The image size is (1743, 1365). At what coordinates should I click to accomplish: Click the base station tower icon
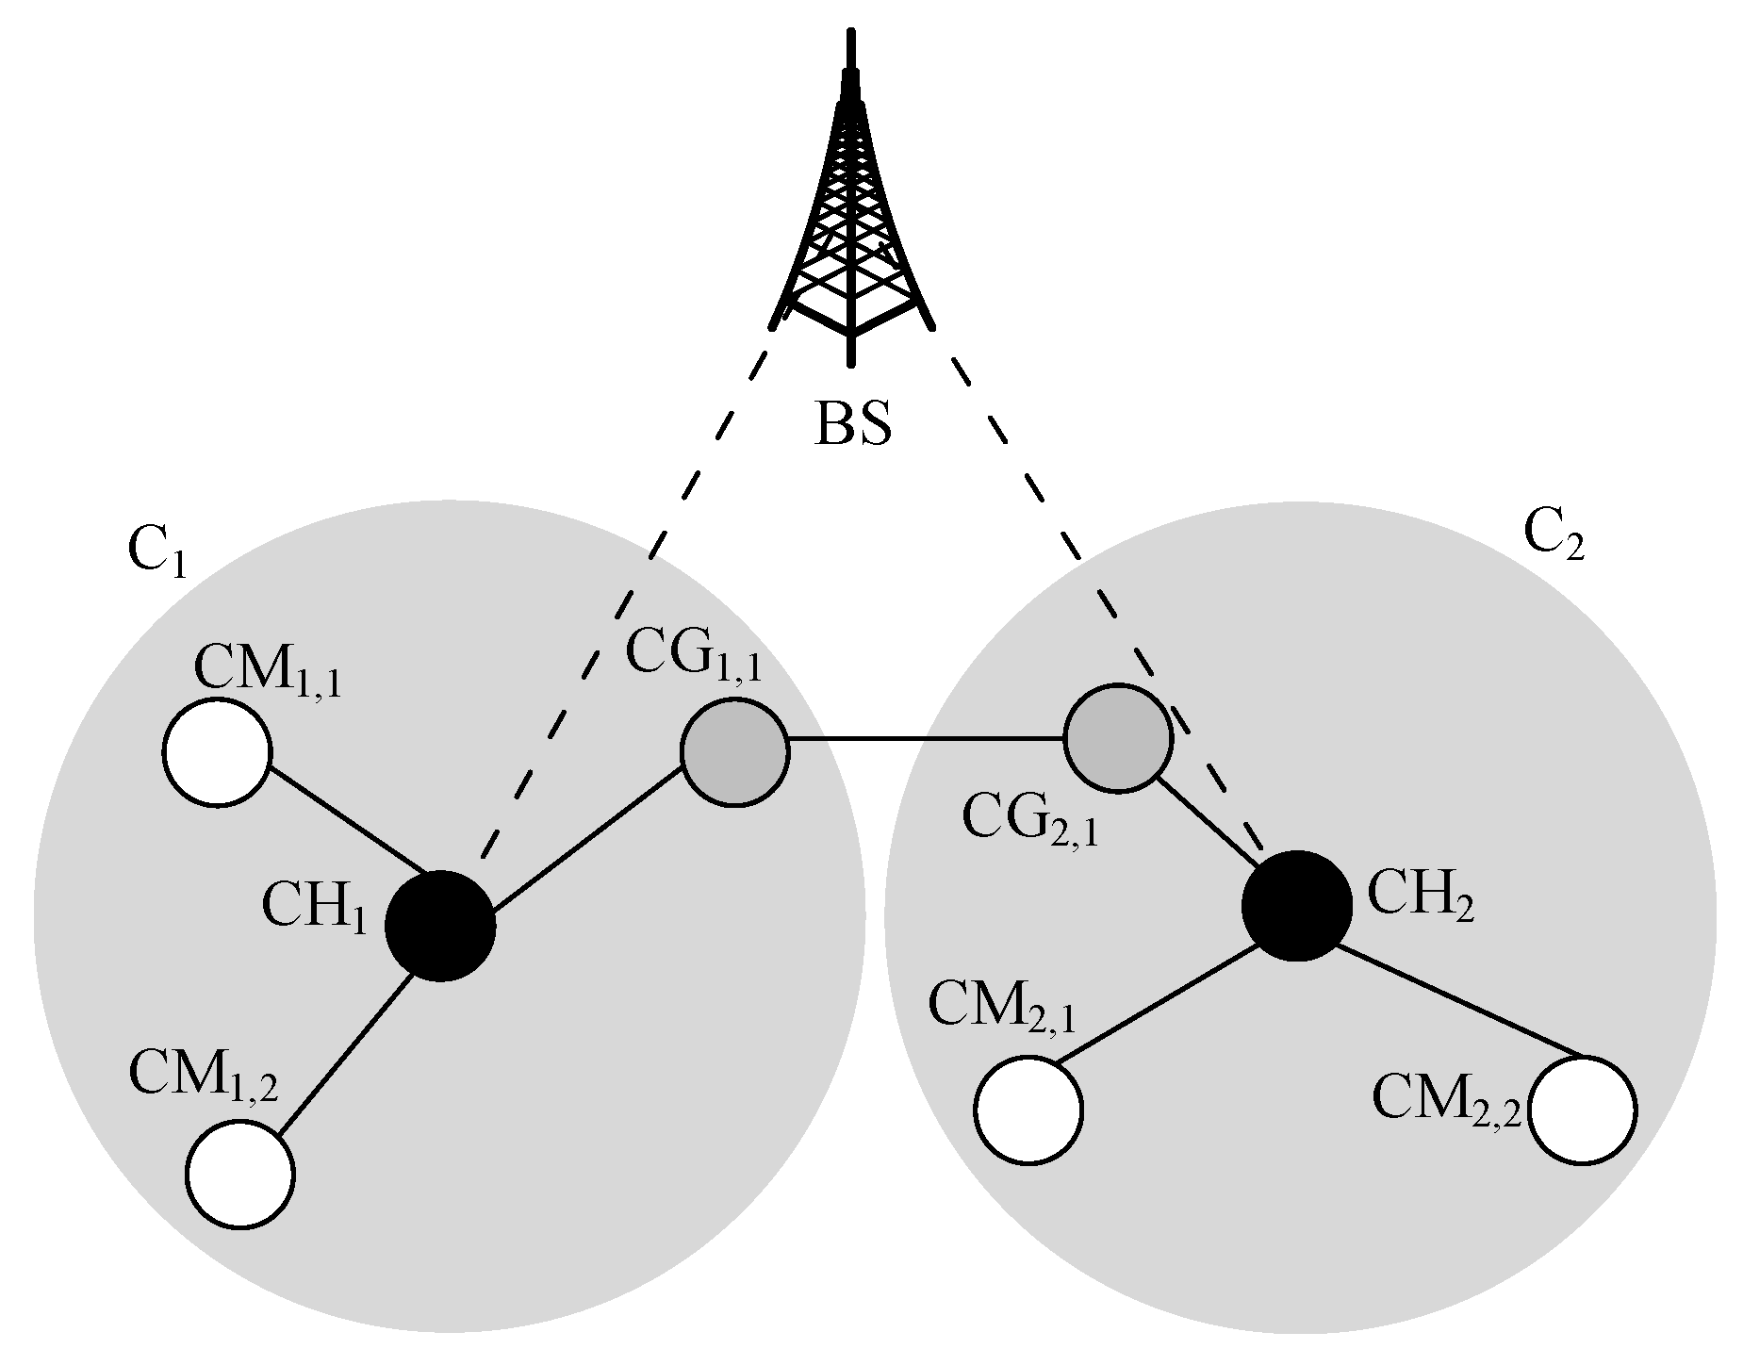click(852, 217)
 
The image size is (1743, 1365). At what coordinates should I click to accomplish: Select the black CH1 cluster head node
click(440, 925)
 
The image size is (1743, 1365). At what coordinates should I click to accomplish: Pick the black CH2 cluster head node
click(1297, 906)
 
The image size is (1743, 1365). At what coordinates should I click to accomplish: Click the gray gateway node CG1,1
click(733, 752)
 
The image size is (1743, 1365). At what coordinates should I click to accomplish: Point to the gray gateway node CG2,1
click(1118, 739)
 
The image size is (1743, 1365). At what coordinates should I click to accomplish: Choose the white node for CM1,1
click(218, 752)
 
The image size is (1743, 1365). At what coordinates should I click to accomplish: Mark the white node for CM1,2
click(240, 1174)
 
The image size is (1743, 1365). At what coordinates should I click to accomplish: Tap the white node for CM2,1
click(1028, 1110)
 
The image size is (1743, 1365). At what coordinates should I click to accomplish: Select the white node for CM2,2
click(1583, 1110)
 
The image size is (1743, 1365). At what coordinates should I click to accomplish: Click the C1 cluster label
click(156, 553)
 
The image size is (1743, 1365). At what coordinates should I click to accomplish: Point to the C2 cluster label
click(1554, 538)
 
